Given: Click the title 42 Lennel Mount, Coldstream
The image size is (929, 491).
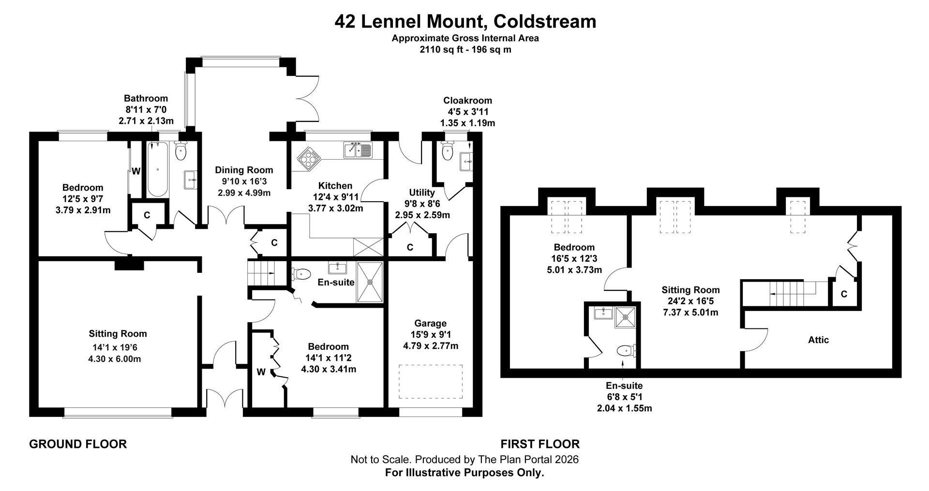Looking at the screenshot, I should [x=465, y=22].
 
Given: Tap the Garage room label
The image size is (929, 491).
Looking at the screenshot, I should [x=430, y=323].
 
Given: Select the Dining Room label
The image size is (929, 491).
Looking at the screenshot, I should [x=244, y=170].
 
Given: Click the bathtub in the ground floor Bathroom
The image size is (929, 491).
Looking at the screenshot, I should [x=158, y=169].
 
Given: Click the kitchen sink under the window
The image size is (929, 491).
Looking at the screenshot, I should [x=357, y=150].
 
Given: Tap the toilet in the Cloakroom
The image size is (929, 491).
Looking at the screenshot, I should [x=448, y=151].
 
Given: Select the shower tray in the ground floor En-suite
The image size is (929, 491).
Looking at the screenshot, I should [x=370, y=282].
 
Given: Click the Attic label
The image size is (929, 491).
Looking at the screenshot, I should [x=818, y=340].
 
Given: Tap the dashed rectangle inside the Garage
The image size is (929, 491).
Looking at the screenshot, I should [x=430, y=381].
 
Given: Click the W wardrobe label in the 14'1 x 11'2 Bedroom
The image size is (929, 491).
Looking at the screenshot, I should [x=261, y=372].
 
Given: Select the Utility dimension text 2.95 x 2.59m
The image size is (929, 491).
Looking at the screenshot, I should [x=422, y=215].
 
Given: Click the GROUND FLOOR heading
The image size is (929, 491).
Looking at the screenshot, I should [x=78, y=444].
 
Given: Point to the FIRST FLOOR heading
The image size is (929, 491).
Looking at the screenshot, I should [x=540, y=444].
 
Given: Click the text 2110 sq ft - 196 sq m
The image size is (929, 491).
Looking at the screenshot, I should [x=465, y=49].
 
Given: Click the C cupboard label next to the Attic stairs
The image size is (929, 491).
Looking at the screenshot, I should [x=844, y=294].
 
